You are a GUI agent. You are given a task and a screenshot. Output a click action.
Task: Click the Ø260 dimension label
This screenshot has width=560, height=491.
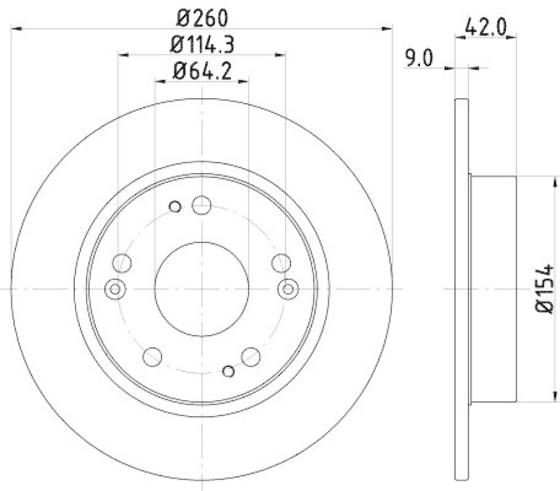point(202,15)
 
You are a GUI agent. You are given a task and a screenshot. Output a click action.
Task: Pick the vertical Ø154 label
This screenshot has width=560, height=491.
point(545,289)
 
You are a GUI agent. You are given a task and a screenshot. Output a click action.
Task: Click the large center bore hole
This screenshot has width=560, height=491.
point(202,289)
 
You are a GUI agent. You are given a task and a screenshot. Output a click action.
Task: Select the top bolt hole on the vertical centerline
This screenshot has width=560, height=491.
point(202,206)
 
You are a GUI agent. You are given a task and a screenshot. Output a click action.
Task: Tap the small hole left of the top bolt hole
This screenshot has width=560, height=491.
point(176,207)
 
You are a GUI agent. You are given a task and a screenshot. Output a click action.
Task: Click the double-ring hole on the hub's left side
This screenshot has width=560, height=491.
point(115,289)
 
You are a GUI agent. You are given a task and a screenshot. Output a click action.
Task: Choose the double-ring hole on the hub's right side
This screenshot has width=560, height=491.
point(288,289)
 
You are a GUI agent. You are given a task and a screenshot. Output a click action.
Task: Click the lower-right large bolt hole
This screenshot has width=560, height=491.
point(251,357)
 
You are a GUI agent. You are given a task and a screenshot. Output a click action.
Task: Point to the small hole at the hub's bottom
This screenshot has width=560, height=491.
point(227,371)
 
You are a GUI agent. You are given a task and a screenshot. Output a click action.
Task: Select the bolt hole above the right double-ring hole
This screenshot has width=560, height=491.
point(281,263)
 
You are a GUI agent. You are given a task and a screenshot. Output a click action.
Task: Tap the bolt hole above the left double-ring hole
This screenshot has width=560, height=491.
point(122,263)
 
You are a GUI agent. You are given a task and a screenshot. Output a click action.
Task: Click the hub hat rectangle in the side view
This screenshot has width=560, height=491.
point(493,289)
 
